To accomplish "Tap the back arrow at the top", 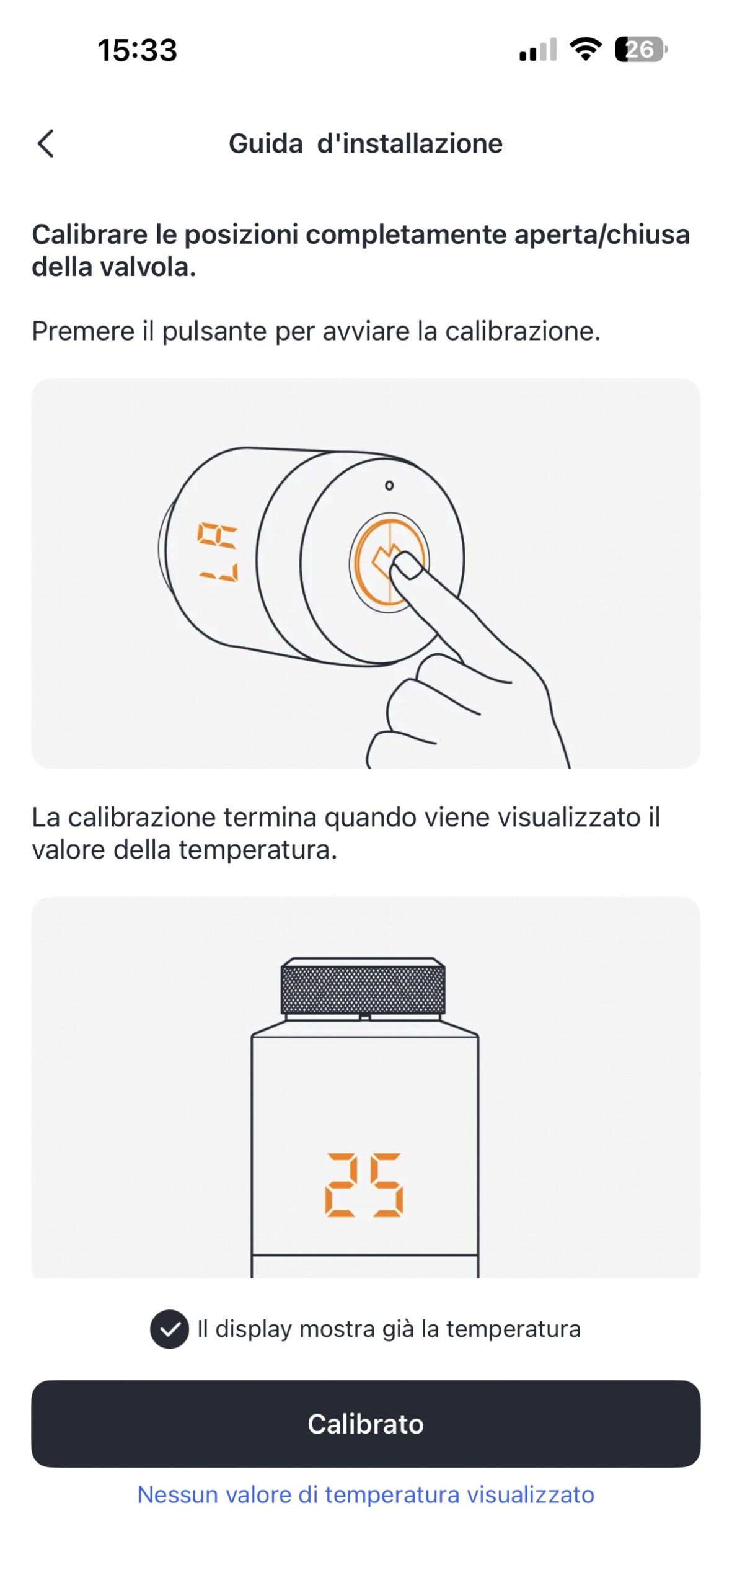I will (x=46, y=143).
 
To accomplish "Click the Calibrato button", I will (x=366, y=1424).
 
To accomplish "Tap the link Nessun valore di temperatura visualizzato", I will (x=366, y=1494).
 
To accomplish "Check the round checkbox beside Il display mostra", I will (x=169, y=1329).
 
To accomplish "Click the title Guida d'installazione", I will (x=366, y=143).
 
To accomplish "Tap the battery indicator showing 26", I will (x=640, y=50).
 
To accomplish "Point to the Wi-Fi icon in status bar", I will (x=585, y=49).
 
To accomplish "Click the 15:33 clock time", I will (x=137, y=50).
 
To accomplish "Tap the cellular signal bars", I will (x=537, y=50).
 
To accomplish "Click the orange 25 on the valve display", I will (x=364, y=1185).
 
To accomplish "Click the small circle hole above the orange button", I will (x=389, y=485).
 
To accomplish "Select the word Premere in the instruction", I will (x=83, y=331).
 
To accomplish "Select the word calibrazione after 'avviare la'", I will (x=523, y=331).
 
